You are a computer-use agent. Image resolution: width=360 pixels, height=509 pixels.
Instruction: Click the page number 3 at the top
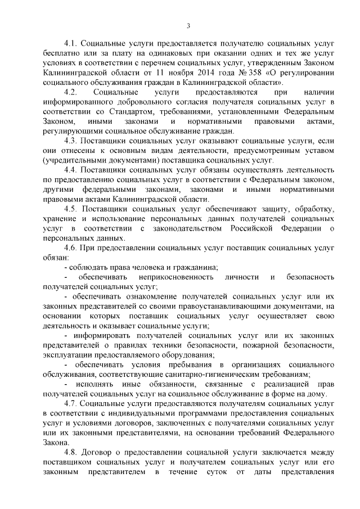tap(188, 25)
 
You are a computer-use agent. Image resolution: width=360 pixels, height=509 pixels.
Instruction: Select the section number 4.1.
tap(71, 43)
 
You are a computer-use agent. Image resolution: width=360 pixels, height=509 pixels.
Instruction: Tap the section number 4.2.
tap(71, 92)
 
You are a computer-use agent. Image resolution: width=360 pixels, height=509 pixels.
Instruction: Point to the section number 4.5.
tap(71, 209)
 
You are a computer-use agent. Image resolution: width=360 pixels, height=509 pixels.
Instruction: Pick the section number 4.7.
tap(71, 403)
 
